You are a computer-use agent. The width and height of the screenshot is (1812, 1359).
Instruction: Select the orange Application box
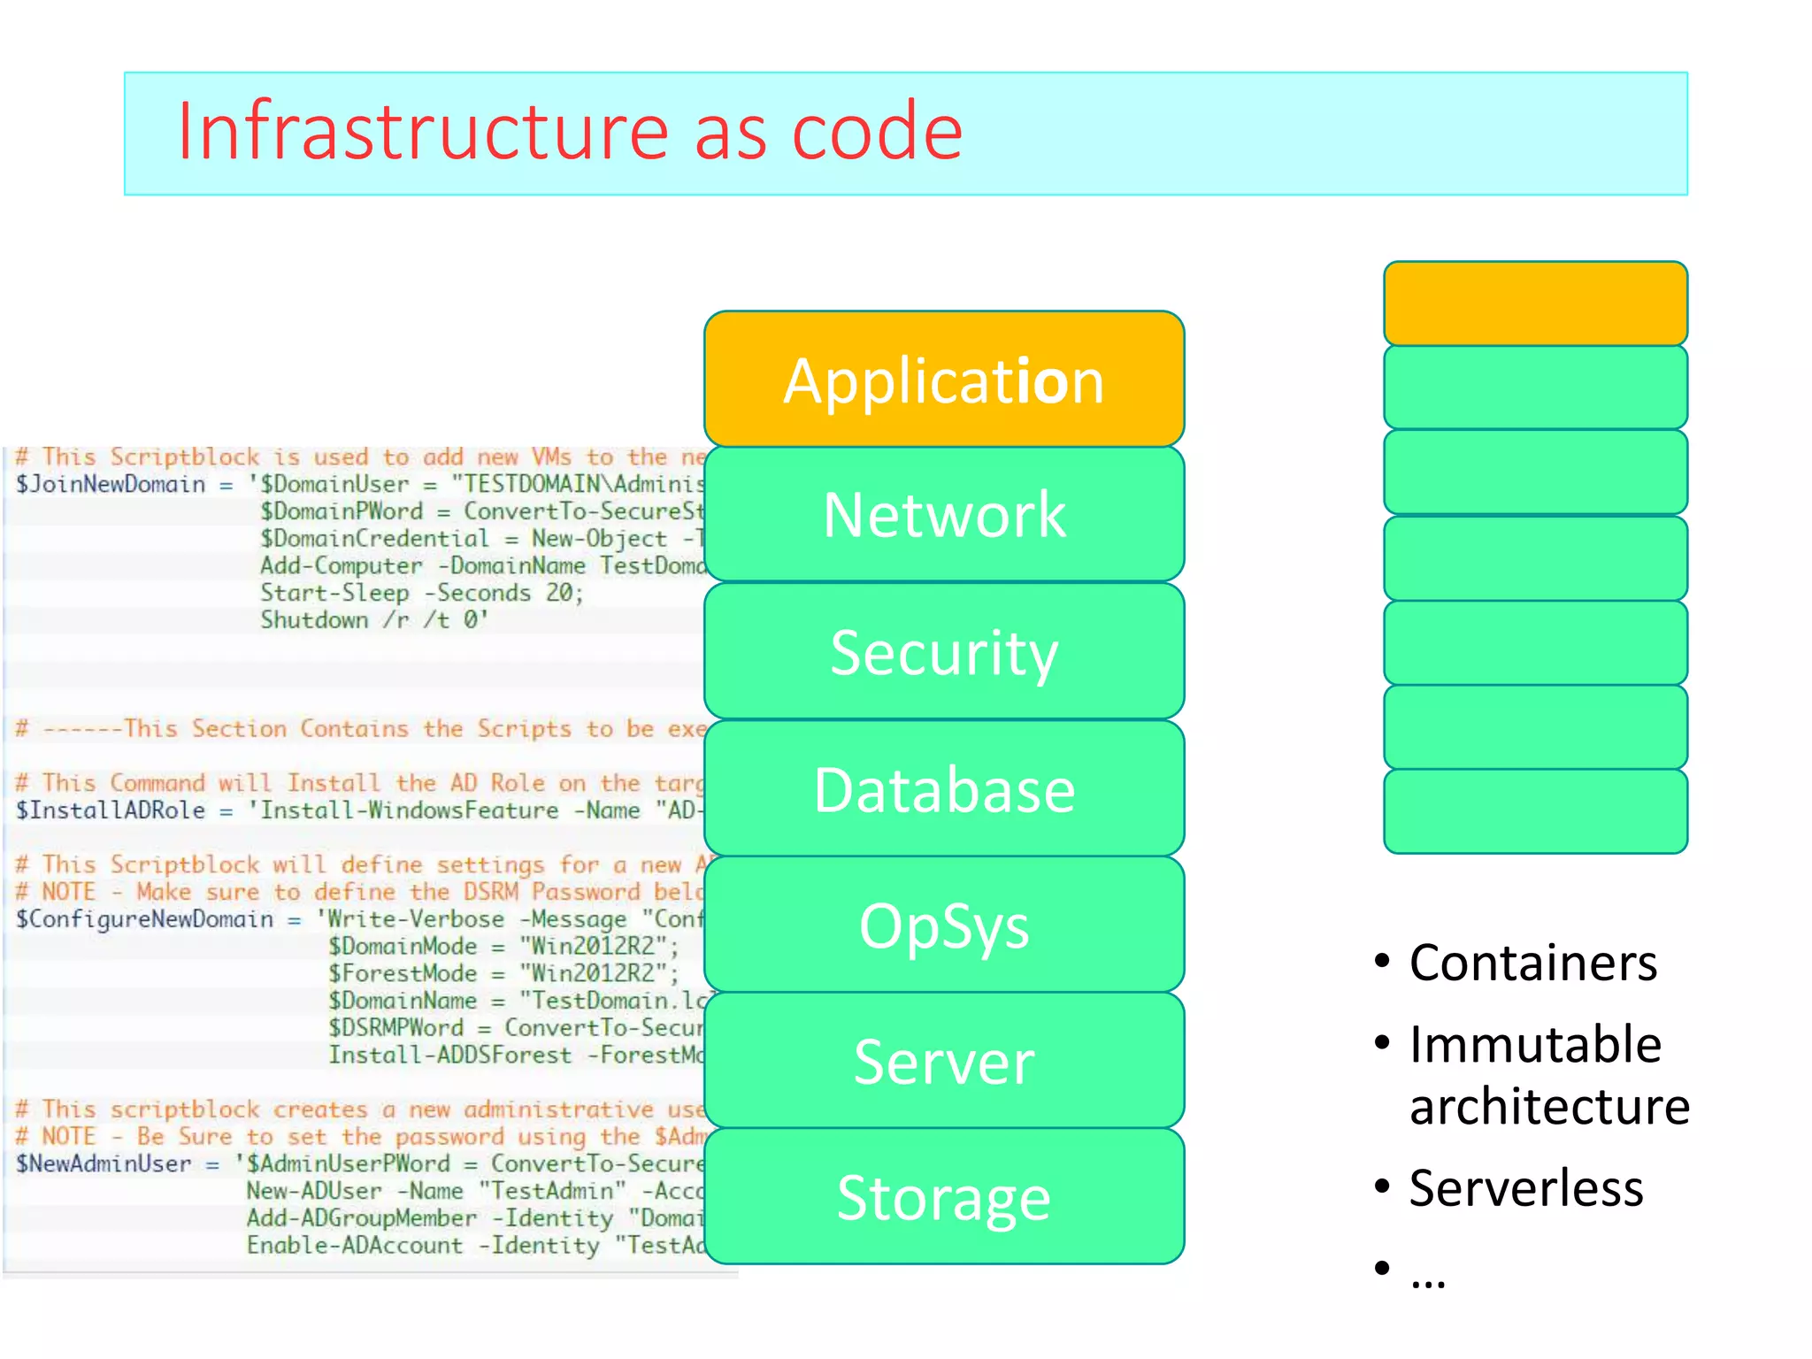point(944,380)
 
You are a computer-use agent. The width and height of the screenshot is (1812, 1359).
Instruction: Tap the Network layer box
point(944,514)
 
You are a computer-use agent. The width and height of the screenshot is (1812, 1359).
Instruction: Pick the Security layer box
point(944,652)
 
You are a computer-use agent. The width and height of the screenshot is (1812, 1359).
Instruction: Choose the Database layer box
point(944,789)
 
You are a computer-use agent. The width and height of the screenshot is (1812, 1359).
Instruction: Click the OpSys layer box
point(944,925)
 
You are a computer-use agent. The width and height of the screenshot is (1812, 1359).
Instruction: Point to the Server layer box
point(944,1061)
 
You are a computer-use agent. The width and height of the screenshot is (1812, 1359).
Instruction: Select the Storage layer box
point(944,1197)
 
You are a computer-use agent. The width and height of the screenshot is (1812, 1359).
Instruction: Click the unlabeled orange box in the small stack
point(1535,303)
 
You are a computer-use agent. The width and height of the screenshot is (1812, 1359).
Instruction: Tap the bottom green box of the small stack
point(1535,811)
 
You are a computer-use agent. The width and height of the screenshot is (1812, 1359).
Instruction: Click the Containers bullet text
point(1532,963)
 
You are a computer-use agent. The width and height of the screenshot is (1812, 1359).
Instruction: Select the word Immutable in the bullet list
point(1535,1044)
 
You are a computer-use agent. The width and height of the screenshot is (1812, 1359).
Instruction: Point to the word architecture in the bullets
point(1549,1107)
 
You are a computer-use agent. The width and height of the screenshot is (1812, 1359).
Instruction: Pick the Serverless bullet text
point(1526,1188)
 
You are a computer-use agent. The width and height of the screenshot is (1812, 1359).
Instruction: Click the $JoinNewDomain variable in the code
point(111,484)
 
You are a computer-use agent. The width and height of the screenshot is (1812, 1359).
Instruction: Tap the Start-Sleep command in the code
point(334,593)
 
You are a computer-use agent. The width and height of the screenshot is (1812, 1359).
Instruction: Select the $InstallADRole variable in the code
point(111,810)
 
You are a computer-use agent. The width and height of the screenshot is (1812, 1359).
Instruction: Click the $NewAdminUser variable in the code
point(104,1163)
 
